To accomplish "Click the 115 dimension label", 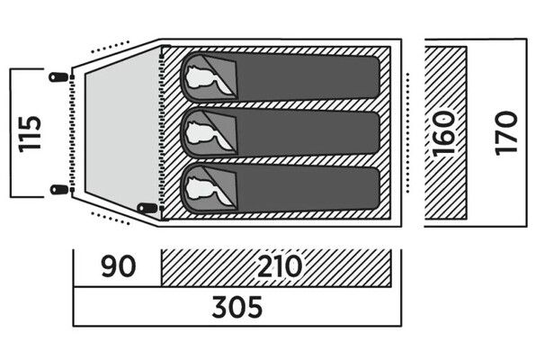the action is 30,134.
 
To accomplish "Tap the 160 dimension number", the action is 444,133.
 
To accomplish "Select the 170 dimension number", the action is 506,133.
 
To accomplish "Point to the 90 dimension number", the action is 119,266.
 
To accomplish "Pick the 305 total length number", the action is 237,307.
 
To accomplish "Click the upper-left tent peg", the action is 58,77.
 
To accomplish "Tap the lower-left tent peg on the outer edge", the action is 59,189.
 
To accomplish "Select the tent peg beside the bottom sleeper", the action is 147,208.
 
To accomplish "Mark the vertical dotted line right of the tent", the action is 407,133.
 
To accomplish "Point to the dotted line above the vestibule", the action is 110,47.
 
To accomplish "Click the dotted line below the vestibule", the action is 110,219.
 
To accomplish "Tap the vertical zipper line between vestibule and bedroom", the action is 162,132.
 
